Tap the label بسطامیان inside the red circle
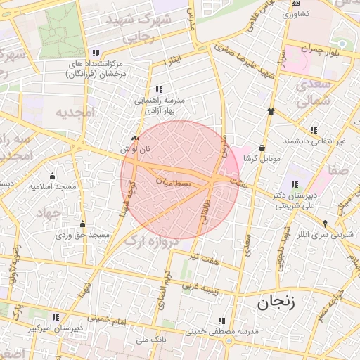point(172,181)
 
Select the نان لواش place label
point(136,149)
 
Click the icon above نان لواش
point(136,139)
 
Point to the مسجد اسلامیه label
point(52,187)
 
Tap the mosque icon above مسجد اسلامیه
point(52,176)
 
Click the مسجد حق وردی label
point(82,234)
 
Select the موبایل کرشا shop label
point(262,159)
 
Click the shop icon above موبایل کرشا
point(262,148)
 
